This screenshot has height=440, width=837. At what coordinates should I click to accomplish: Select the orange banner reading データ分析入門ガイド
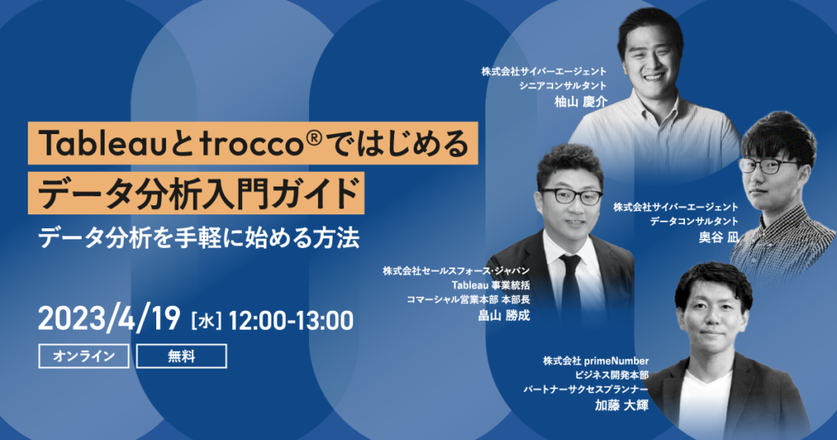tap(196, 193)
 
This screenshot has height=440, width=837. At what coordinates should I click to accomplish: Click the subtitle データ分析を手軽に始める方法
tap(199, 238)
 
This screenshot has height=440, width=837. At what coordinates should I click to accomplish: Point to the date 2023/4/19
tap(110, 319)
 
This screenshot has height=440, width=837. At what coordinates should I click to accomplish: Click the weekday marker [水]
tap(205, 321)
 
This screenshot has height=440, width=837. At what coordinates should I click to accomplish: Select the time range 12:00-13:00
tap(291, 321)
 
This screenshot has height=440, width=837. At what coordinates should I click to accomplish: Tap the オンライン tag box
tap(84, 356)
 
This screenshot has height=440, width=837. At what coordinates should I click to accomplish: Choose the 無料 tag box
tap(181, 356)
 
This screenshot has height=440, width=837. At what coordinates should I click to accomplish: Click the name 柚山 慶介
tap(581, 101)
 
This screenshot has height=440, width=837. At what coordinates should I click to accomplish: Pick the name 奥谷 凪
tap(719, 237)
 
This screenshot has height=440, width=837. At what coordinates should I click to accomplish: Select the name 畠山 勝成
tap(504, 315)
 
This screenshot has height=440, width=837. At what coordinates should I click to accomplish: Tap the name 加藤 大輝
tap(622, 406)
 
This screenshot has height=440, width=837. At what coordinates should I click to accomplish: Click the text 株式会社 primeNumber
tap(596, 361)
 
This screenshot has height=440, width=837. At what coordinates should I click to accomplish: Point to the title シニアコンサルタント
tap(563, 85)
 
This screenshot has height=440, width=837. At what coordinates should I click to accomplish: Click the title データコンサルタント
tap(695, 221)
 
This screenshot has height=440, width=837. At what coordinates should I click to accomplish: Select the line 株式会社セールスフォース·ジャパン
tap(456, 271)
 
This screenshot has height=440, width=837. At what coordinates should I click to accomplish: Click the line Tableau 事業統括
tap(490, 285)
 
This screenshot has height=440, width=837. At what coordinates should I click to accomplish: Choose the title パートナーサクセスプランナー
tap(585, 390)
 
